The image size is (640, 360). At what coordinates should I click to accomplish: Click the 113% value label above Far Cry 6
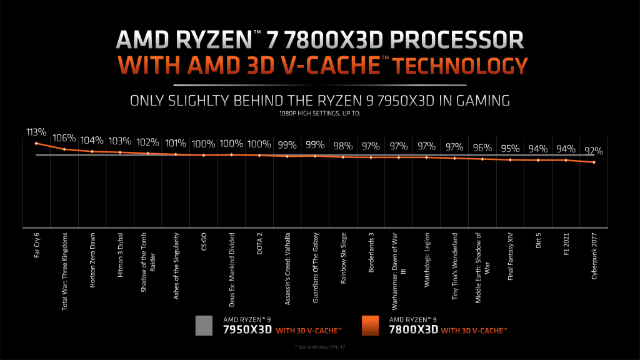click(x=37, y=132)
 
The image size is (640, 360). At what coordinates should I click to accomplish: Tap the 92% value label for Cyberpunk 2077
click(x=593, y=151)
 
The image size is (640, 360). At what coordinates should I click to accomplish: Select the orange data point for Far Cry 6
click(x=37, y=144)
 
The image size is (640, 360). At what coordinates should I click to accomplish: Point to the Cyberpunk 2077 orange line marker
click(x=594, y=162)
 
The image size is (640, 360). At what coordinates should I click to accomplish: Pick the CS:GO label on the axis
click(x=204, y=242)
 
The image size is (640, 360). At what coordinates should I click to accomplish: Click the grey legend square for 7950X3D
click(x=205, y=326)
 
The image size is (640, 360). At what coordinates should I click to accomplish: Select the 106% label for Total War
click(x=64, y=138)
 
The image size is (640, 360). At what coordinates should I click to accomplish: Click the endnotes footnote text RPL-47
click(x=319, y=346)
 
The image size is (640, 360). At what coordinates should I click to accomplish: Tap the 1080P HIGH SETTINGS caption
click(x=319, y=113)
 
